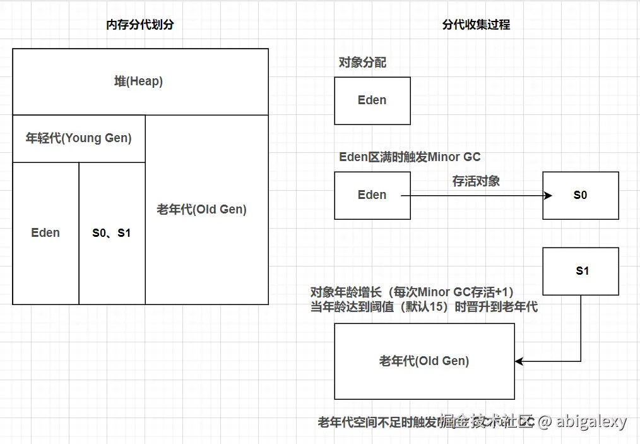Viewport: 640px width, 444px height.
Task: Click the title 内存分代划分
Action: click(140, 25)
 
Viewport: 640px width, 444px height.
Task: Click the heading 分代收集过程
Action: click(476, 25)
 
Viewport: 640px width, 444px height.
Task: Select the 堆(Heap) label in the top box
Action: click(139, 81)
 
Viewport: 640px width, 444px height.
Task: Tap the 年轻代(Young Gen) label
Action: click(79, 138)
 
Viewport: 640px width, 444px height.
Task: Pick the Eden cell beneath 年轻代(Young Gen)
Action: click(45, 233)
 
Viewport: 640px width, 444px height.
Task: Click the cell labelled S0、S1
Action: click(112, 233)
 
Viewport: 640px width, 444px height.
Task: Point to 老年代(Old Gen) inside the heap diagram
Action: click(202, 210)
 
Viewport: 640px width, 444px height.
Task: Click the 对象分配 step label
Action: click(362, 63)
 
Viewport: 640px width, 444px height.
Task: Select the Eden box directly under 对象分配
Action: click(372, 100)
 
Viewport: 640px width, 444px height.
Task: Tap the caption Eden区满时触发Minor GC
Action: click(410, 157)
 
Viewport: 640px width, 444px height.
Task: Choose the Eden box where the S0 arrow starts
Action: click(372, 195)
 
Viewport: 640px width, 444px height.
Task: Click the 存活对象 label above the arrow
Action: click(476, 181)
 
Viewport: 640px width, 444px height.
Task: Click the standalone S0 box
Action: click(580, 195)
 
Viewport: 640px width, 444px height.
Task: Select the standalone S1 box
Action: click(581, 271)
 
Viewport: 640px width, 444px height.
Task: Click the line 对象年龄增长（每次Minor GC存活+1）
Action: click(412, 292)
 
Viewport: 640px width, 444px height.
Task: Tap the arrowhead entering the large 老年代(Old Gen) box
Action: click(519, 361)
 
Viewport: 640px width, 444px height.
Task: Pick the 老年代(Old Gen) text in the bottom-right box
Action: click(424, 361)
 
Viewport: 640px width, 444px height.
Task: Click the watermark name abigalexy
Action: click(591, 421)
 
